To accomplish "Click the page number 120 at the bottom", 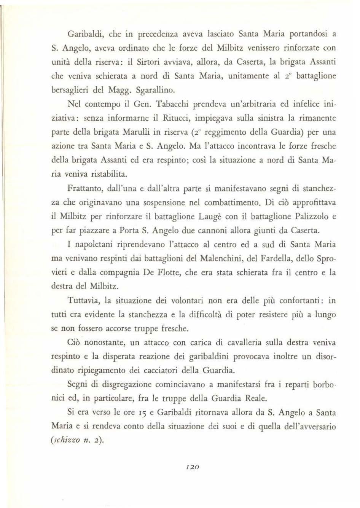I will click(x=194, y=467).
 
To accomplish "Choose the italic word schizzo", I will click(x=68, y=440).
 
